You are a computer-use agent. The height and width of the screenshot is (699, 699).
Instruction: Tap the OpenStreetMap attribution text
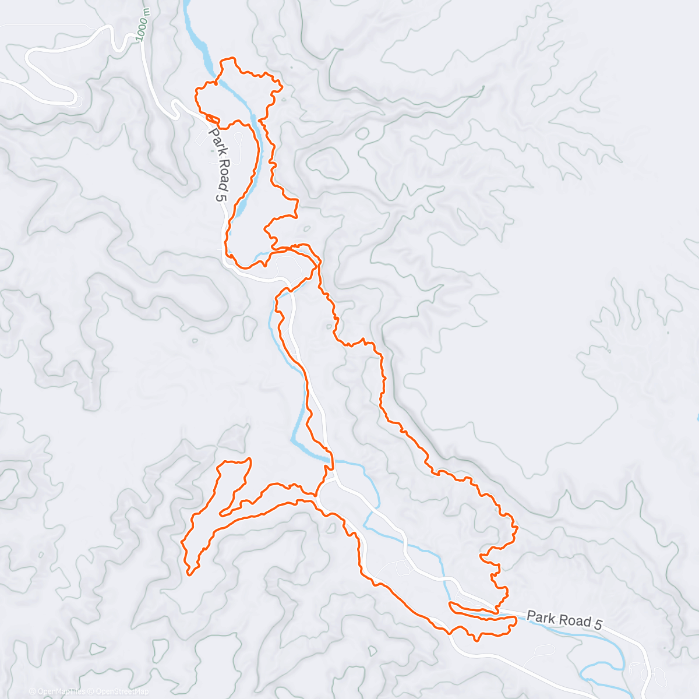coord(122,691)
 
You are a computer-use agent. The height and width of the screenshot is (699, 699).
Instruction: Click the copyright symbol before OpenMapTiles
coord(33,691)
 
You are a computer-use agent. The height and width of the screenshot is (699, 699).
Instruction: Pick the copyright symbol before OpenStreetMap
coord(91,691)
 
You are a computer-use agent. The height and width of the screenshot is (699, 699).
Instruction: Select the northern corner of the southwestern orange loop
coord(249,459)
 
